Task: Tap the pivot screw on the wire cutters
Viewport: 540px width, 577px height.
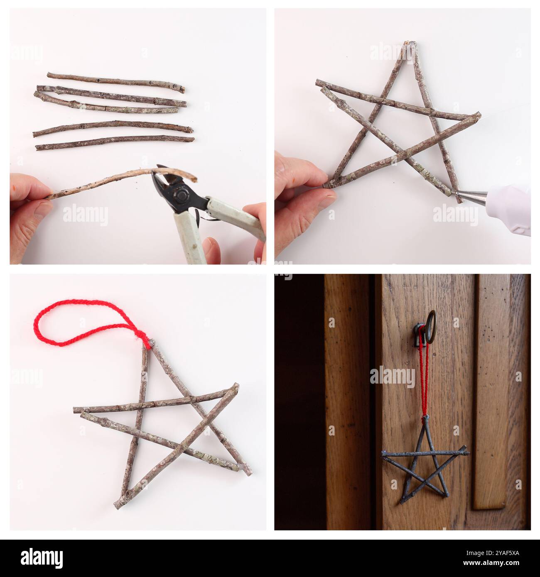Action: click(x=182, y=194)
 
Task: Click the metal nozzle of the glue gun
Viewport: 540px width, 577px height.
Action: click(x=471, y=193)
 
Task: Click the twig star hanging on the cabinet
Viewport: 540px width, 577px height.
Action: click(x=425, y=461)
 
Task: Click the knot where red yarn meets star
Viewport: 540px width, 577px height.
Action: click(x=146, y=342)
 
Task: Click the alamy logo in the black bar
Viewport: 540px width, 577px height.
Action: click(x=42, y=557)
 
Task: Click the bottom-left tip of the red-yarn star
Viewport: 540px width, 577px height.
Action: click(x=118, y=505)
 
